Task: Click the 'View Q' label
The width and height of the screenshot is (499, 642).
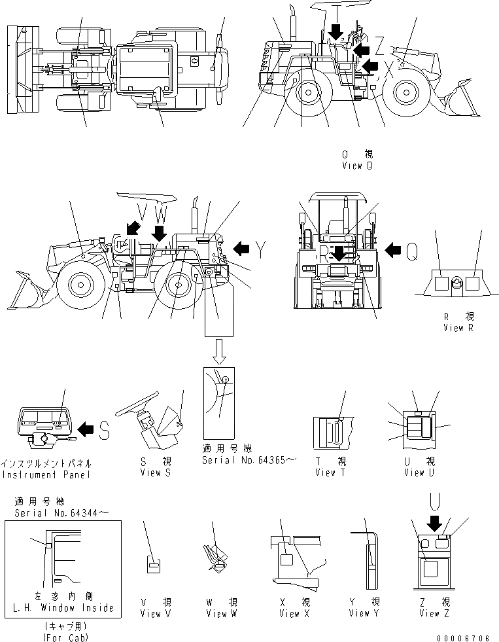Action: [x=356, y=166]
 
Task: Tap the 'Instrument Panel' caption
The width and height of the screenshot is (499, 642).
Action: [x=46, y=473]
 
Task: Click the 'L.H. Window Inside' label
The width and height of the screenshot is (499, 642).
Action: [x=63, y=608]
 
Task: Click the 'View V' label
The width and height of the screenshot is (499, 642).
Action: [x=156, y=613]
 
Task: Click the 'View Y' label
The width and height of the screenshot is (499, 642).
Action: [x=364, y=613]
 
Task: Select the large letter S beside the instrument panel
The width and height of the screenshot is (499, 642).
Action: [x=105, y=429]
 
